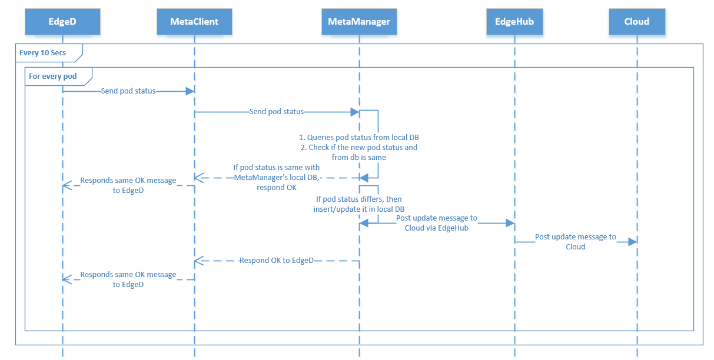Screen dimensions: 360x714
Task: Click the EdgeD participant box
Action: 62,22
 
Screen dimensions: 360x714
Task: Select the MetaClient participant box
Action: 194,22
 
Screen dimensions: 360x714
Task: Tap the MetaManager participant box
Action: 359,22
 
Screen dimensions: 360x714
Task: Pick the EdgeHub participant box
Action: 514,22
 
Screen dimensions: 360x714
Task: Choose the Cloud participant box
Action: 636,22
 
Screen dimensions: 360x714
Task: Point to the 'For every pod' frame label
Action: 53,76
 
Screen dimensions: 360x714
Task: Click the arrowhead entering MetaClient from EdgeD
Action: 190,91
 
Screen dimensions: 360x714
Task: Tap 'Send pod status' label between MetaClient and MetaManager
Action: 277,111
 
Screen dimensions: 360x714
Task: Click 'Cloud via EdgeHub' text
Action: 436,228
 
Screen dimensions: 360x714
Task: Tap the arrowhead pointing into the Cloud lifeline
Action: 633,242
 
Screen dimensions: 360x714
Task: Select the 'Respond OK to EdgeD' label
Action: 277,260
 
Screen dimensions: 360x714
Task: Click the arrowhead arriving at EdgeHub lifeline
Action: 510,223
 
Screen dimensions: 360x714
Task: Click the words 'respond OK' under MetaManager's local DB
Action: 277,187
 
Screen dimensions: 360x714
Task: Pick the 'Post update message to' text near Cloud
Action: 575,237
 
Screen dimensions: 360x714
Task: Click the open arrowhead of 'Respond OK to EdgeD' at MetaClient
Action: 198,260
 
